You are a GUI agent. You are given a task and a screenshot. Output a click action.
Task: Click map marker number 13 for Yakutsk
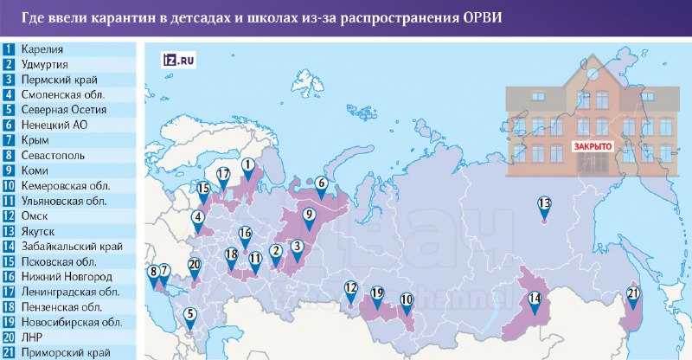[x=544, y=206]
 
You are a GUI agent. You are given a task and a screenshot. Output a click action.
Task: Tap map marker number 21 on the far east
[x=633, y=296]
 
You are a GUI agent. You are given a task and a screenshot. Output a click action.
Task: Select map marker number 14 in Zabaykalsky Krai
[x=535, y=302]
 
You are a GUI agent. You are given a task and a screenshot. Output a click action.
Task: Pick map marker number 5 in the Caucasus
[x=190, y=318]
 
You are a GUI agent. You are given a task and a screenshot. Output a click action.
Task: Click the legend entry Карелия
[x=43, y=49]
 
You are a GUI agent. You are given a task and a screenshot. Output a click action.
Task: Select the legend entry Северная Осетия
[x=66, y=110]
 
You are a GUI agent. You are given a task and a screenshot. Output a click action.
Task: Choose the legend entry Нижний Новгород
[x=68, y=276]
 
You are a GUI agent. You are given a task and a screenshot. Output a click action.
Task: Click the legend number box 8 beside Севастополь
[x=8, y=155]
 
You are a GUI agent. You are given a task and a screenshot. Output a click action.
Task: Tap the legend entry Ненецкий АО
[x=56, y=125]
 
